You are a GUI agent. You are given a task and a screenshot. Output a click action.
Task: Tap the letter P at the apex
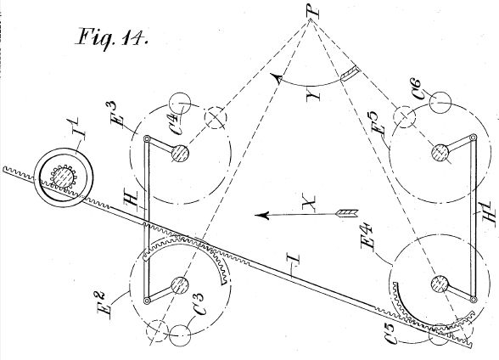[x=312, y=10]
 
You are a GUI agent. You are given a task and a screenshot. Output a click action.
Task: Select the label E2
[x=106, y=304]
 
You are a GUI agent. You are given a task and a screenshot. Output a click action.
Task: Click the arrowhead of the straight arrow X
[x=261, y=216]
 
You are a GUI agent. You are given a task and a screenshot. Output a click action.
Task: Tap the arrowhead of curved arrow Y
[x=277, y=78]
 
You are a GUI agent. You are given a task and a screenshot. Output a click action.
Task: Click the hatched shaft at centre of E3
[x=180, y=154]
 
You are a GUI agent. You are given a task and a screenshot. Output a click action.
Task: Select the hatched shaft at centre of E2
[x=180, y=285]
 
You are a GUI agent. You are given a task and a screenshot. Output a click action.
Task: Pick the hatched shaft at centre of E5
[x=440, y=152]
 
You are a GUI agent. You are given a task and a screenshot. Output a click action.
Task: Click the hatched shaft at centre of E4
[x=440, y=284]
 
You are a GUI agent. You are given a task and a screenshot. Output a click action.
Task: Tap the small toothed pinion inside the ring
[x=63, y=177]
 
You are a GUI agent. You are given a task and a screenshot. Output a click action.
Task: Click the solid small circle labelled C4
[x=180, y=104]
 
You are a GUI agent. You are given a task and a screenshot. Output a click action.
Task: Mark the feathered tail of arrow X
[x=348, y=213]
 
